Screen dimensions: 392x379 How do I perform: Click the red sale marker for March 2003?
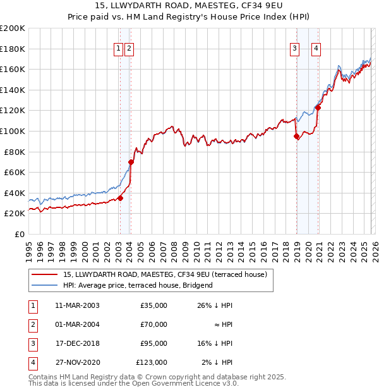(120, 198)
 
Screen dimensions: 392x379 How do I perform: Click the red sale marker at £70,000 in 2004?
(131, 162)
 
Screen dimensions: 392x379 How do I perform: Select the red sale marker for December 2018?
(296, 136)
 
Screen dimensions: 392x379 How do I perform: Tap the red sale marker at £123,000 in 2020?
(318, 107)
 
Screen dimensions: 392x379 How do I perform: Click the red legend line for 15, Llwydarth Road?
(44, 274)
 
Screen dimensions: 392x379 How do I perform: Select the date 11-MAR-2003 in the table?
(77, 305)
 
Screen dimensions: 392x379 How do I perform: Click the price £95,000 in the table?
(153, 343)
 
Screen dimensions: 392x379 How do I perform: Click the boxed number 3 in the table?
(33, 343)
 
